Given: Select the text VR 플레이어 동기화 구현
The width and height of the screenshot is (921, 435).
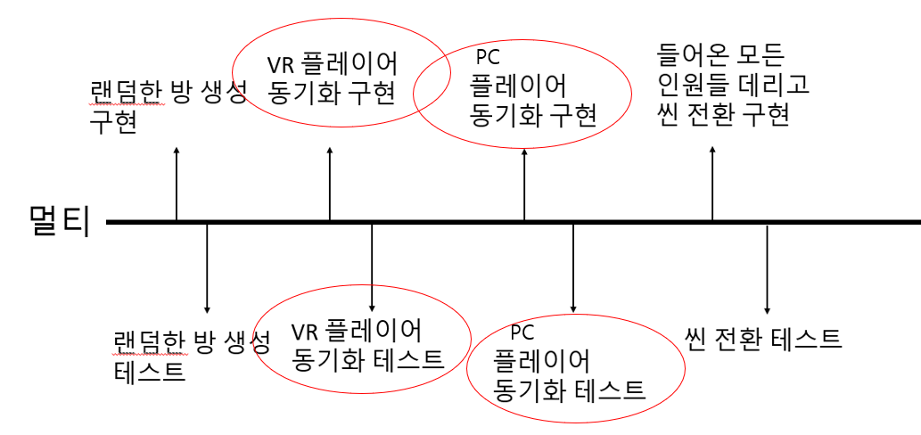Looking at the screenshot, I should click(333, 78).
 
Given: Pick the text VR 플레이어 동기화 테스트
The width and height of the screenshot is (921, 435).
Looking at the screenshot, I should click(367, 346).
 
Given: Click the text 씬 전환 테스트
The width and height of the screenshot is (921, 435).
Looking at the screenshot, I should click(763, 339).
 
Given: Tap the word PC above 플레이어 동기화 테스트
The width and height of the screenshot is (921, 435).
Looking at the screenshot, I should click(522, 332).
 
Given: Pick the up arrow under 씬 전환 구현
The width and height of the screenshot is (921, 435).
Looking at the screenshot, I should click(711, 183).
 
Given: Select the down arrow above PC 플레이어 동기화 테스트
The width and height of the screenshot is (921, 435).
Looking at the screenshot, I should click(572, 267).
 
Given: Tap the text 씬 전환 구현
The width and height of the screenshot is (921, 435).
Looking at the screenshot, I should click(723, 116).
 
